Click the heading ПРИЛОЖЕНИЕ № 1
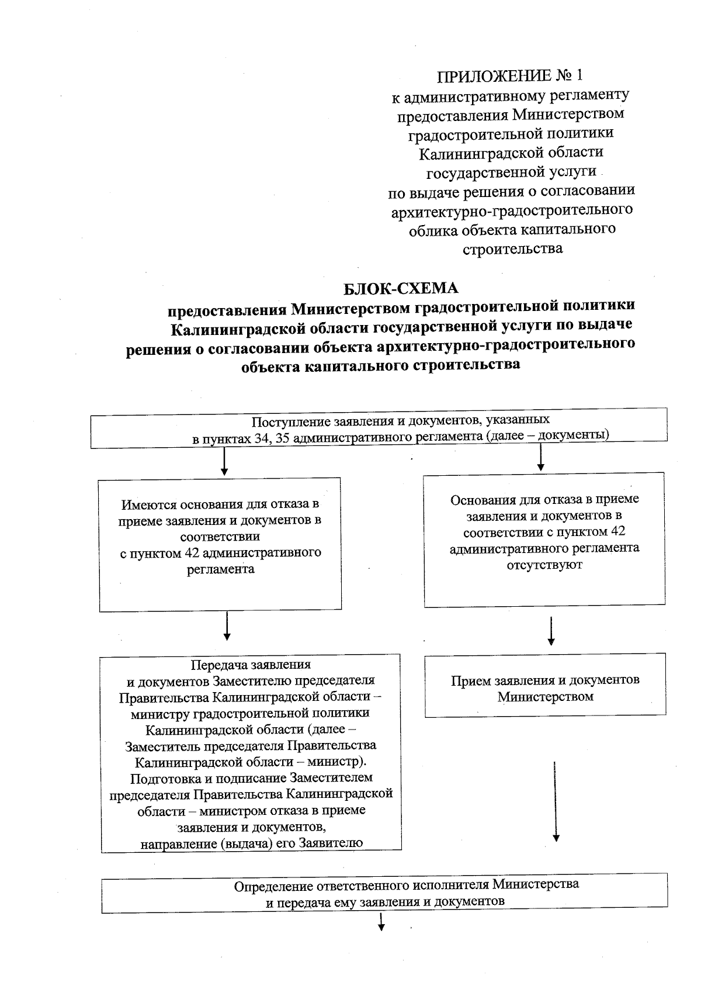510,76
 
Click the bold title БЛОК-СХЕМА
400,289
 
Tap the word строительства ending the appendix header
512,248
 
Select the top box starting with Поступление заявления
379,428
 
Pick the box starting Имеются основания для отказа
220,544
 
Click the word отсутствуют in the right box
544,565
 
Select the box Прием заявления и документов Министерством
545,685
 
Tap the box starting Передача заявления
251,753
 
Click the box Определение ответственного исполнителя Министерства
384,893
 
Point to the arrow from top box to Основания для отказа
541,458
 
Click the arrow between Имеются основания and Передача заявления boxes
227,627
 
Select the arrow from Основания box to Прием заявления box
551,631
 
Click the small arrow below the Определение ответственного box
381,922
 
